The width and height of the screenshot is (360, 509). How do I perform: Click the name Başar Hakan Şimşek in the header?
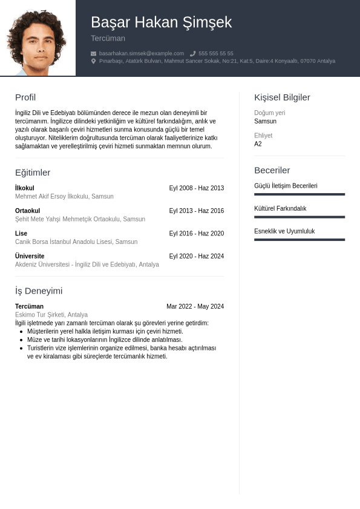pyautogui.click(x=161, y=22)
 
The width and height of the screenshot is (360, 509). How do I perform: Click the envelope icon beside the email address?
pyautogui.click(x=94, y=53)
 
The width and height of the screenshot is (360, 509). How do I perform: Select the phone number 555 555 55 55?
pyautogui.click(x=215, y=53)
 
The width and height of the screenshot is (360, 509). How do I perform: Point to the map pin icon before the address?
pyautogui.click(x=94, y=61)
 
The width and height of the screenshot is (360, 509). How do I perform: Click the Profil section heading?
pyautogui.click(x=25, y=97)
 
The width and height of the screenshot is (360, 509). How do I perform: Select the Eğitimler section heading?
pyautogui.click(x=33, y=172)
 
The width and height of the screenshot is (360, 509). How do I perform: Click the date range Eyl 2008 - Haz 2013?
pyautogui.click(x=196, y=188)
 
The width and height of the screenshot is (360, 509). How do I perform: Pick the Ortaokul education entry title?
pyautogui.click(x=27, y=211)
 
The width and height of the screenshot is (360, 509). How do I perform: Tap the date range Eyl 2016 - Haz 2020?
pyautogui.click(x=196, y=234)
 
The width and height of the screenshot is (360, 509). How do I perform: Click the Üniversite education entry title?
pyautogui.click(x=30, y=256)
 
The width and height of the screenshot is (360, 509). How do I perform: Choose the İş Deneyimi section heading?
pyautogui.click(x=39, y=291)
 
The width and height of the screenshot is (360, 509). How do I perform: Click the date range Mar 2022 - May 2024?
pyautogui.click(x=195, y=306)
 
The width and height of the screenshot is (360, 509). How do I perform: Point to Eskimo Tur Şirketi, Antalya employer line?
pyautogui.click(x=51, y=315)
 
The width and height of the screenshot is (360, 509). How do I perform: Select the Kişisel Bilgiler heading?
pyautogui.click(x=282, y=97)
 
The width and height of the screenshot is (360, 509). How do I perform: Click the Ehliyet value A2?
pyautogui.click(x=258, y=144)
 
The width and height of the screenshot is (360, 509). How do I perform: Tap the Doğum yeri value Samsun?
pyautogui.click(x=265, y=121)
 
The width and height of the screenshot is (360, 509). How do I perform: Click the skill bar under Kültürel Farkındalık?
pyautogui.click(x=299, y=217)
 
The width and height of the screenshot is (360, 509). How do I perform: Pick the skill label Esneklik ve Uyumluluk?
pyautogui.click(x=284, y=231)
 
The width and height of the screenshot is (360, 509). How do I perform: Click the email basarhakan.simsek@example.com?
pyautogui.click(x=142, y=53)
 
